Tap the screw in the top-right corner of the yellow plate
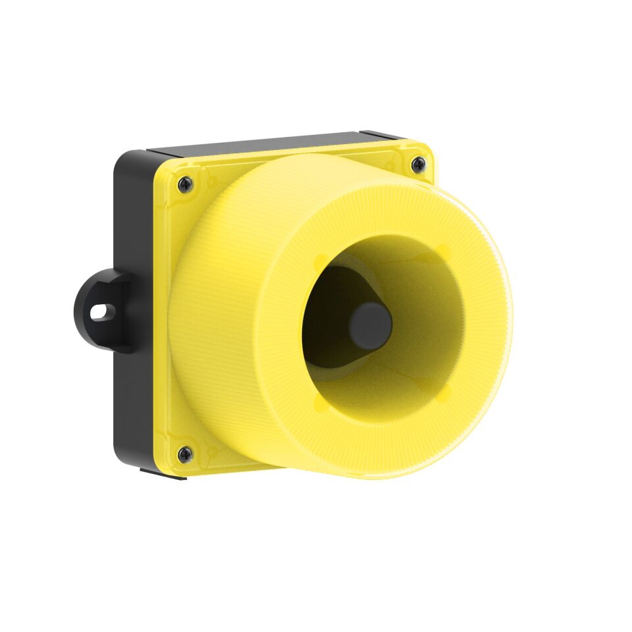pos(418,164)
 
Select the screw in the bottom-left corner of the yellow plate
pos(186,453)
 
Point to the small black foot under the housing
pos(165,473)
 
